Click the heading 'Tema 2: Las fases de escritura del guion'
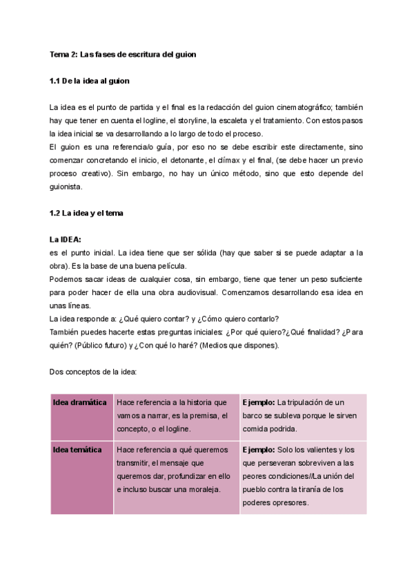(x=123, y=54)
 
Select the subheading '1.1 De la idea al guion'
(x=89, y=81)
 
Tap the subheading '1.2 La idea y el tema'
(x=86, y=213)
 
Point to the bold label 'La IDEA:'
(x=66, y=240)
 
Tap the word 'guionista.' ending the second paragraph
(x=66, y=187)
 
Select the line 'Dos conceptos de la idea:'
(x=93, y=372)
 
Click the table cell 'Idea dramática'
(x=79, y=402)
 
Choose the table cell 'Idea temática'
(x=77, y=450)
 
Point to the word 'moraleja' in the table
(x=201, y=489)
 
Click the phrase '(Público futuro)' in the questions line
(x=103, y=346)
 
